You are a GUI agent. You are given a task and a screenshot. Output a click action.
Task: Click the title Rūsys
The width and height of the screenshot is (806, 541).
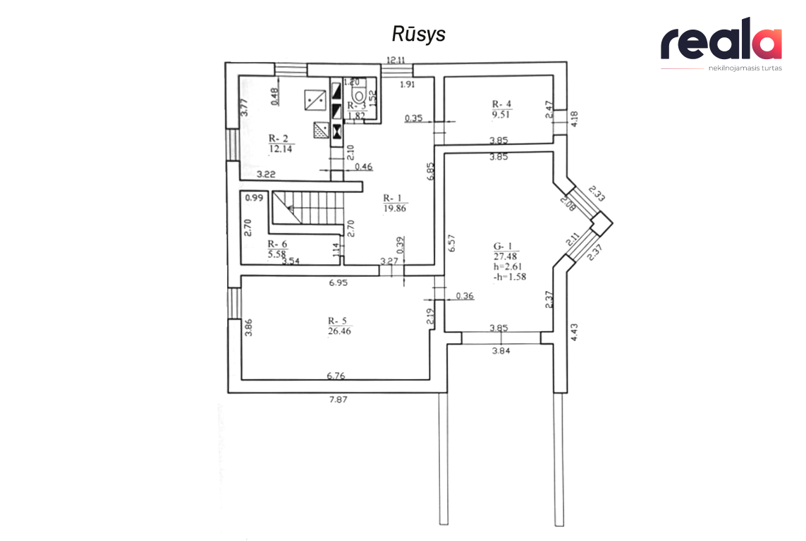[418, 34]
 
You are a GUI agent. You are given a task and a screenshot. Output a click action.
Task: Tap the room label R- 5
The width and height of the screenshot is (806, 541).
[337, 321]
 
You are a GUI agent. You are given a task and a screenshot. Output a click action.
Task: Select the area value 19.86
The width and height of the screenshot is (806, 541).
[395, 209]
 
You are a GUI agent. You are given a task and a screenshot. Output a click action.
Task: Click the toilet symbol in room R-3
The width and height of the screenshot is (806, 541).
[358, 95]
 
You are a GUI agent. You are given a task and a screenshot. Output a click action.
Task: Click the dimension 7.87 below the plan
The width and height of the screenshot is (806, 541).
[338, 399]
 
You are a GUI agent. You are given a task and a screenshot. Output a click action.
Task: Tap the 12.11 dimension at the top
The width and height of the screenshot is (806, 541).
[396, 60]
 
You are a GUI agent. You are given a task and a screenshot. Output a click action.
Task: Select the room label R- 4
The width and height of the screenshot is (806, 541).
[501, 104]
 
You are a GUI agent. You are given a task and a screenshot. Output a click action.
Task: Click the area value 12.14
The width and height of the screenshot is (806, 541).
[281, 149]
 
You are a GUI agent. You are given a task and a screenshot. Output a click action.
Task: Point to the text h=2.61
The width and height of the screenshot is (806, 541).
[508, 266]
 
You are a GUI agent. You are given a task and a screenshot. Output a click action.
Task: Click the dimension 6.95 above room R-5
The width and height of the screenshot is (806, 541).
[338, 282]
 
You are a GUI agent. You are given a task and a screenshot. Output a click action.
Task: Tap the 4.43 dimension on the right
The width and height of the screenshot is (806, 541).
[574, 332]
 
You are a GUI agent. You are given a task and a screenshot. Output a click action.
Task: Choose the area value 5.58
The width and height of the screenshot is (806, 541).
[276, 254]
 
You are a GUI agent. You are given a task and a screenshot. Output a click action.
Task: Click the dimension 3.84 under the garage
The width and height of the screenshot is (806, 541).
[501, 351]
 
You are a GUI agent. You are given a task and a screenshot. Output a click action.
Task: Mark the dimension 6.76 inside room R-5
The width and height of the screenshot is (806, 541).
[336, 375]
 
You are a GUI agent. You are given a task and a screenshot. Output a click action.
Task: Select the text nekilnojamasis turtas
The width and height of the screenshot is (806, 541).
[745, 68]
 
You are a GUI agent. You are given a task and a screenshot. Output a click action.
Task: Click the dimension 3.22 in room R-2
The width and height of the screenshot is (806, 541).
[266, 174]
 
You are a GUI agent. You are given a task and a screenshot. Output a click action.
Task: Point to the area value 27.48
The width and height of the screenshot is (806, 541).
[506, 256]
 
